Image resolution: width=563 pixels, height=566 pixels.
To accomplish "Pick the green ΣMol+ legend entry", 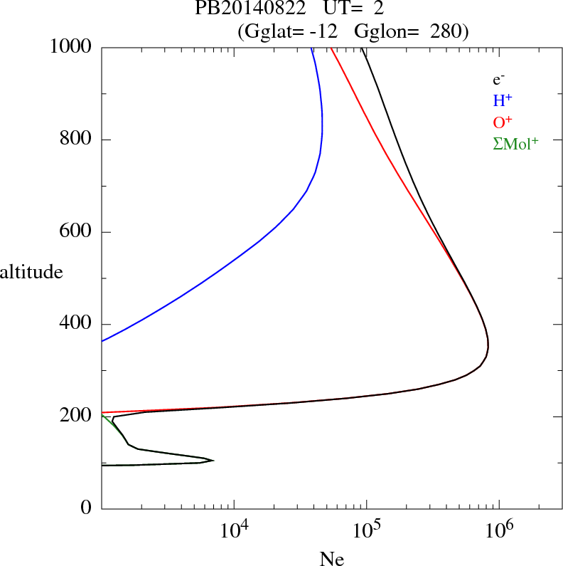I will pyautogui.click(x=515, y=143).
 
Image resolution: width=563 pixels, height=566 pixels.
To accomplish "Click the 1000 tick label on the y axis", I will pyautogui.click(x=71, y=47).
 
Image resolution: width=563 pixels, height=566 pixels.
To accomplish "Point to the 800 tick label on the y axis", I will pyautogui.click(x=77, y=140).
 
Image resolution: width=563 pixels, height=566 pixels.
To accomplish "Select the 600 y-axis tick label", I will pyautogui.click(x=77, y=232).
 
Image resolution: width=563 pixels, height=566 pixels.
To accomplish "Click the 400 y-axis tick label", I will pyautogui.click(x=77, y=325).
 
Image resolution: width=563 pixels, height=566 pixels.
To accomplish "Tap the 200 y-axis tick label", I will pyautogui.click(x=77, y=416).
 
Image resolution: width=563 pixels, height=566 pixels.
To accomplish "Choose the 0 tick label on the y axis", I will pyautogui.click(x=87, y=509).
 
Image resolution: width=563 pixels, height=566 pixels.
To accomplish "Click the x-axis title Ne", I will pyautogui.click(x=332, y=560).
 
